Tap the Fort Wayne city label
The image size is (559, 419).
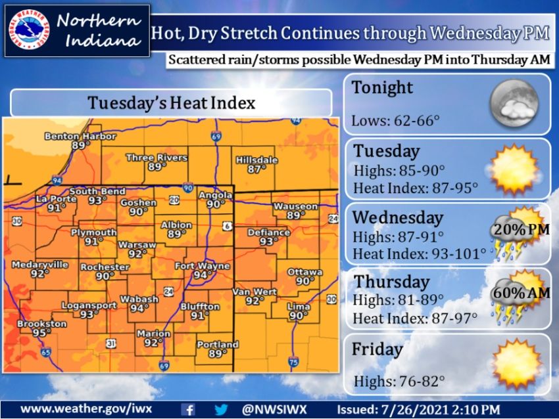[203, 266]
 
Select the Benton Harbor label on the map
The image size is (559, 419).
[80, 137]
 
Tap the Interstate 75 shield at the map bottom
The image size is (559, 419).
[293, 361]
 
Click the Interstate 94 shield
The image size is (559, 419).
[57, 179]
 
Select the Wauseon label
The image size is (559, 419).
[295, 206]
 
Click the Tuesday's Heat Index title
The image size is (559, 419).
[172, 103]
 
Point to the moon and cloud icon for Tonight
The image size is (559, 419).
[514, 104]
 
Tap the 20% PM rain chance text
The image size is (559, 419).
[519, 230]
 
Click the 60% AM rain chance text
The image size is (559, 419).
[519, 293]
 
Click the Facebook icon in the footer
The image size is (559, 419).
[187, 408]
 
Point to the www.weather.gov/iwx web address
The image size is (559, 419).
[86, 408]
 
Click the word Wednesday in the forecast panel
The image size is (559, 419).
[397, 217]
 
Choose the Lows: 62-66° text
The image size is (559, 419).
[395, 121]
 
